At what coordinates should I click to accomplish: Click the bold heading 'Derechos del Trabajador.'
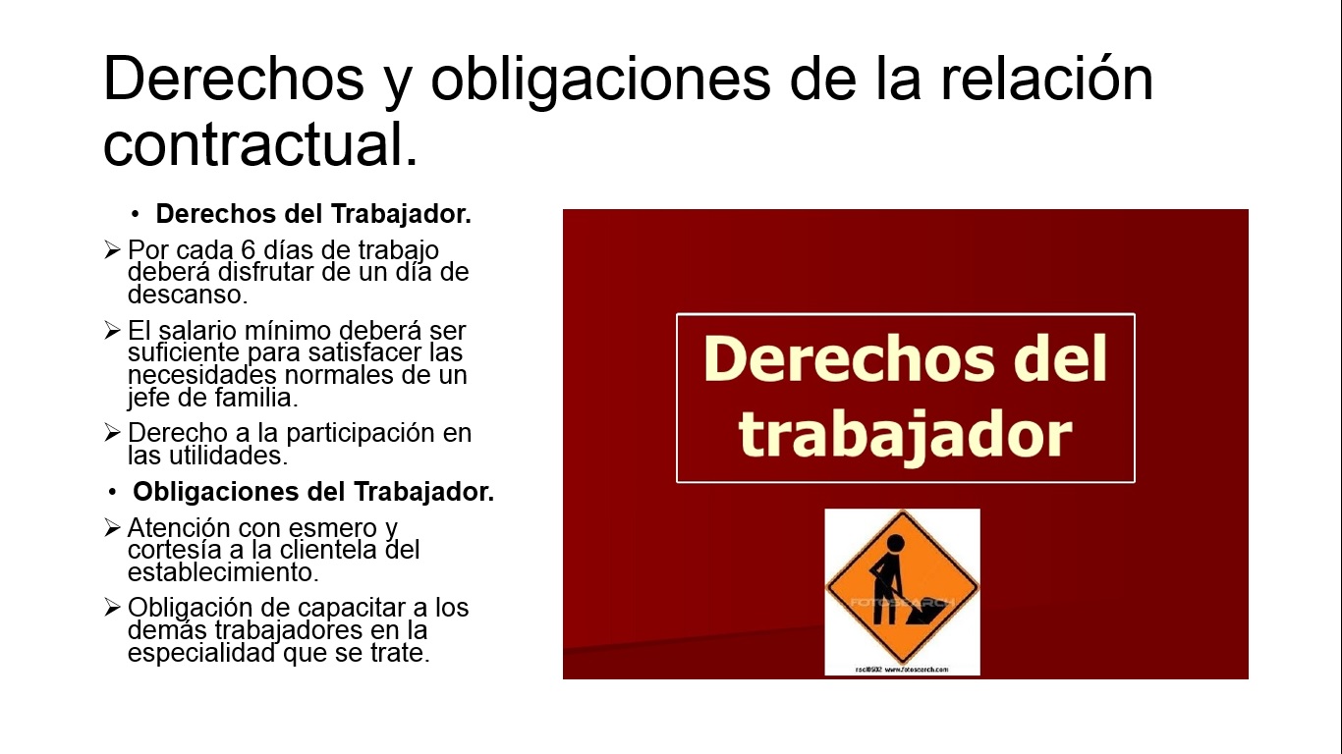coord(313,214)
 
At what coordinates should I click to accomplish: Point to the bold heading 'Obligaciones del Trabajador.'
coord(313,491)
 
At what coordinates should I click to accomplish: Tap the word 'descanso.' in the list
coord(187,295)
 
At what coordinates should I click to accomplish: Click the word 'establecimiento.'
coord(223,571)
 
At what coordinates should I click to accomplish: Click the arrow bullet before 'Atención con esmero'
coord(112,528)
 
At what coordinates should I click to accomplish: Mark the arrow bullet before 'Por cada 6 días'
coord(112,250)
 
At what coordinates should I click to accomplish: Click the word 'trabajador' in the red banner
coord(905,435)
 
